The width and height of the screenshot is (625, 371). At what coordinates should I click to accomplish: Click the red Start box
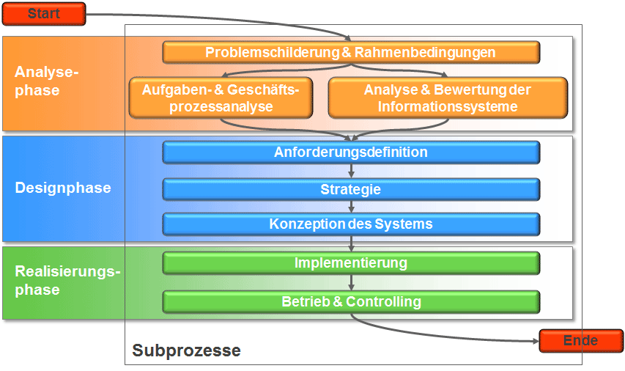tap(43, 13)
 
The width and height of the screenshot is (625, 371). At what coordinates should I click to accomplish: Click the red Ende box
tap(580, 341)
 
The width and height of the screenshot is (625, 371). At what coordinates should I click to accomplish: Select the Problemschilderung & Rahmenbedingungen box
tap(351, 53)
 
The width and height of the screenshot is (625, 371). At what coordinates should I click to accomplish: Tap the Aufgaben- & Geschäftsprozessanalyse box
tap(219, 98)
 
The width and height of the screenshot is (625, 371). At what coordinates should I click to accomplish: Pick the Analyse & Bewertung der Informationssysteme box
tap(448, 98)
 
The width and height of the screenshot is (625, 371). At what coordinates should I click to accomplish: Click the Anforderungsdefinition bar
tap(351, 153)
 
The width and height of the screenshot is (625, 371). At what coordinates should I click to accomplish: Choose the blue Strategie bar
tap(351, 189)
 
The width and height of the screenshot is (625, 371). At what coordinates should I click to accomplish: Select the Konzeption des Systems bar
tap(351, 224)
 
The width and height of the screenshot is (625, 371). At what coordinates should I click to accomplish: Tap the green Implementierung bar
tap(351, 262)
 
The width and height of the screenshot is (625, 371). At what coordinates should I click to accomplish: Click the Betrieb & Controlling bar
tap(351, 301)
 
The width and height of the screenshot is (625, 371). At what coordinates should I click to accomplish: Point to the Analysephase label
tap(46, 81)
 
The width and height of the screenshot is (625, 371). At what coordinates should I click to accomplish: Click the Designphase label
tap(63, 188)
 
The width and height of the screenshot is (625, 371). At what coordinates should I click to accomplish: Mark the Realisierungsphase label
tap(67, 280)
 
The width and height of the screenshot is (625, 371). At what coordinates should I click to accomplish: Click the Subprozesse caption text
tap(186, 350)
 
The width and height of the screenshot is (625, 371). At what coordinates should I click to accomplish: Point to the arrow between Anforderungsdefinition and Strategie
tap(352, 171)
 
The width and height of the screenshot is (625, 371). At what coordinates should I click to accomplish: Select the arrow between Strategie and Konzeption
tap(352, 207)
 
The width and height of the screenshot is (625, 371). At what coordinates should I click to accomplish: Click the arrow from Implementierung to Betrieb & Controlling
tap(352, 282)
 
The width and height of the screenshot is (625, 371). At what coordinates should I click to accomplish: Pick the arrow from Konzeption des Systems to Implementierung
tap(352, 243)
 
